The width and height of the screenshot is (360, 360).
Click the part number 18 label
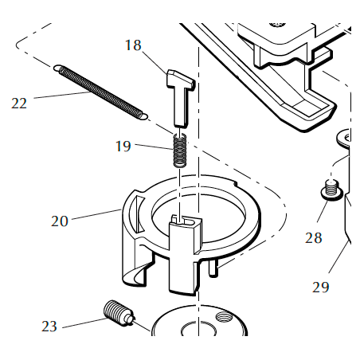(133, 45)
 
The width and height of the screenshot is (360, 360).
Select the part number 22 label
(19, 102)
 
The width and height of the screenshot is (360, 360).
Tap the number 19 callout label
(123, 146)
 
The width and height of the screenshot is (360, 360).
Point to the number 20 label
(60, 221)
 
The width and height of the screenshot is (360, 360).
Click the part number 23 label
(49, 325)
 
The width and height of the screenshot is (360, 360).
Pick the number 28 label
(314, 237)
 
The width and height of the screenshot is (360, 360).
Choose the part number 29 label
(320, 287)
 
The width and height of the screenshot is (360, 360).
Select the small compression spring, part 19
(181, 150)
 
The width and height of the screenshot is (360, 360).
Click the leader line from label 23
(84, 322)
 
